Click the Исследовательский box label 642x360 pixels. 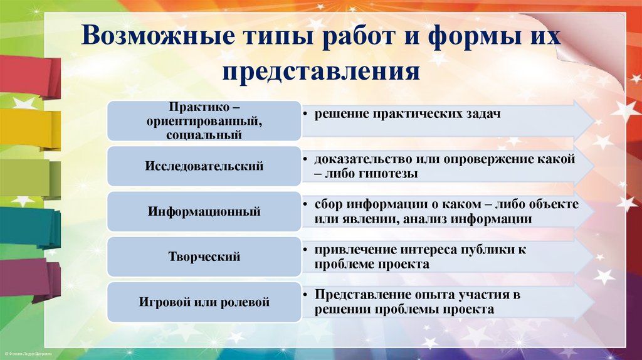pyautogui.click(x=204, y=166)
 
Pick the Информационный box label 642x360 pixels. pyautogui.click(x=204, y=212)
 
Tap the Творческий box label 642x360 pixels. pyautogui.click(x=204, y=257)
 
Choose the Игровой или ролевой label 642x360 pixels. pyautogui.click(x=204, y=302)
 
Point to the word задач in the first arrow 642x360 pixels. pyautogui.click(x=481, y=114)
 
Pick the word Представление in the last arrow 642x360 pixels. pyautogui.click(x=360, y=295)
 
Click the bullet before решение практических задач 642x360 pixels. pyautogui.click(x=304, y=114)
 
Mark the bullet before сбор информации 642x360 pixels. pyautogui.click(x=304, y=205)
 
